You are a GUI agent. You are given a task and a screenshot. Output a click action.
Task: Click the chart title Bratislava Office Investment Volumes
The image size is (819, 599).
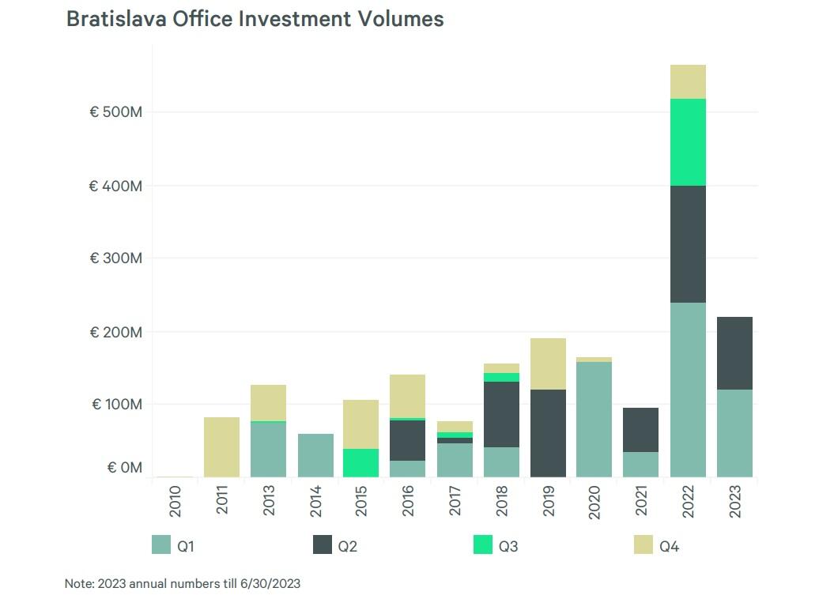point(255,19)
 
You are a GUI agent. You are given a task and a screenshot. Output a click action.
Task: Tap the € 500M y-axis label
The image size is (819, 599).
point(115,112)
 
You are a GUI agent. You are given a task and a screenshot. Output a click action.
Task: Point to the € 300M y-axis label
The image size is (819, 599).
point(115,258)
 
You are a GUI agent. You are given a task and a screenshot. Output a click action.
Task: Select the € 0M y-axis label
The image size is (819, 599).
point(125,468)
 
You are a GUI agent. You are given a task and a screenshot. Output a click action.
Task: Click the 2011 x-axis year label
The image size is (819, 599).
point(222,499)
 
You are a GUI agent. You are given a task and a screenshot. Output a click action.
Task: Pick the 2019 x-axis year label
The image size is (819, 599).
point(548,499)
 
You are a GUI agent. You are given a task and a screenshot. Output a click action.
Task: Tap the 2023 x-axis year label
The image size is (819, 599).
point(735,499)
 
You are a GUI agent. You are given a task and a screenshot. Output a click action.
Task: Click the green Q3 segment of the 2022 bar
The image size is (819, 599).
point(688,142)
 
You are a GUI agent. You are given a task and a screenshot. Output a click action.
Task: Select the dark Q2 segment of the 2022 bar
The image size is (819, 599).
point(688,244)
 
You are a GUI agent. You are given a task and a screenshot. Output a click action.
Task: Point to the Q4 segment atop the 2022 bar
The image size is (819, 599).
point(688,81)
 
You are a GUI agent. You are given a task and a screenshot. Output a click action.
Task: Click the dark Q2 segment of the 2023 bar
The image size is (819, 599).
point(734,353)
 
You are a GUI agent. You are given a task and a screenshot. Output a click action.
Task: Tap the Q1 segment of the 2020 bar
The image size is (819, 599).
point(594,419)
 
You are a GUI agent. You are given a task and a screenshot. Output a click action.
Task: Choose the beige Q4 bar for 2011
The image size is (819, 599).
point(222,446)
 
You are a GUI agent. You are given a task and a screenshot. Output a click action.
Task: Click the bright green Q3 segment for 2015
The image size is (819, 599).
point(361,462)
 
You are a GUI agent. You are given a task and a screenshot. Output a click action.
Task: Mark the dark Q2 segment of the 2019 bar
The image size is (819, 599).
point(548,433)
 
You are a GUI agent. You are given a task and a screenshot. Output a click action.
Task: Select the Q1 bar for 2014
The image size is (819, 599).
point(315,455)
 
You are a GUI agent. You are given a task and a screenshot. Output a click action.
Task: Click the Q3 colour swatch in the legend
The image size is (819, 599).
point(482,544)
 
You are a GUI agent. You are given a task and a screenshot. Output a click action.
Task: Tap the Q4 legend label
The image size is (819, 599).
point(669,546)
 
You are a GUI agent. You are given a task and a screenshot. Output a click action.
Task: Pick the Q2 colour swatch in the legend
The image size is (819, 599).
point(322,544)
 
